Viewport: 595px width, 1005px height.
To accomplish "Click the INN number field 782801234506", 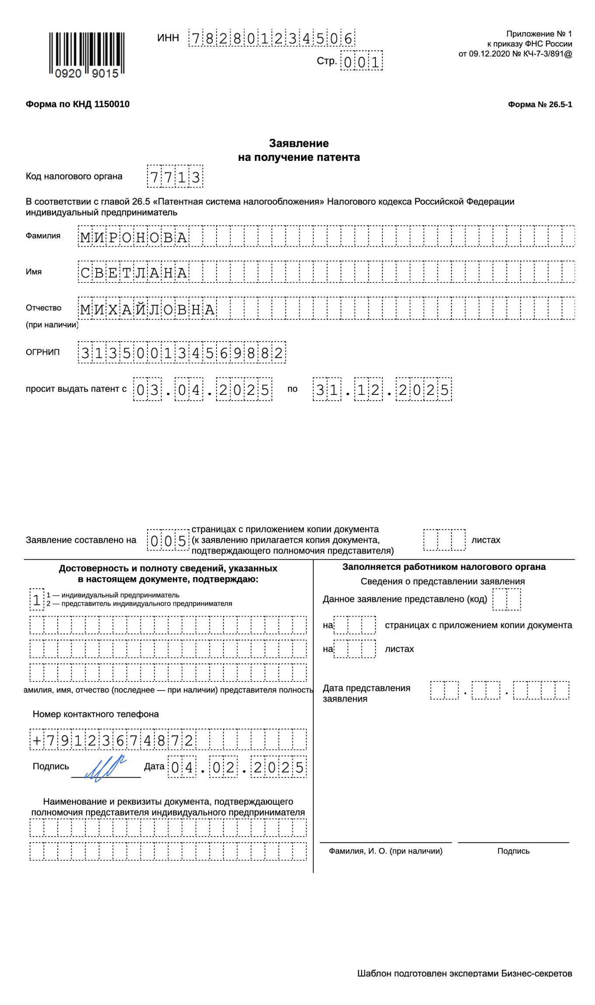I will click(271, 38).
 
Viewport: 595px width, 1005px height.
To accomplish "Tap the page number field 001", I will click(361, 61).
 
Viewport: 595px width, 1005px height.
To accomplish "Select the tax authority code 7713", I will click(175, 177).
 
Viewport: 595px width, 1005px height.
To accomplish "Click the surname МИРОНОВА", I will click(134, 237).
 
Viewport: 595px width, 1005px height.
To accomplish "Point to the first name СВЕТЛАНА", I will click(134, 272).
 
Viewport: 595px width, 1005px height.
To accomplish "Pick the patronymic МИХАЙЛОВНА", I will click(147, 309).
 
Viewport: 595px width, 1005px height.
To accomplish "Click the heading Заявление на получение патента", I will click(299, 150).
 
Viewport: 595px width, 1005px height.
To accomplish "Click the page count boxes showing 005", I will click(168, 541).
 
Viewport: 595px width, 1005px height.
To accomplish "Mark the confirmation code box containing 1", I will click(37, 600).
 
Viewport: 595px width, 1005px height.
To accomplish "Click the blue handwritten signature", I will click(105, 768).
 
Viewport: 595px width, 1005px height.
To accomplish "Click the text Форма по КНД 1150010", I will click(77, 104).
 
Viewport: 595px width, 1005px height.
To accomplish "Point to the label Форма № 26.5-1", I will click(539, 105).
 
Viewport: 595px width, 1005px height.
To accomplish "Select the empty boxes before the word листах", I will click(444, 540).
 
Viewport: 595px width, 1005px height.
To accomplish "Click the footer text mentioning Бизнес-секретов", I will click(464, 973).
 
